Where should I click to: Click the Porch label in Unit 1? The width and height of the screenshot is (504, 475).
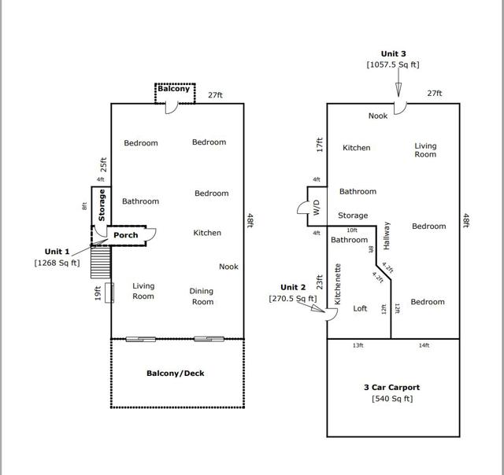point(126,235)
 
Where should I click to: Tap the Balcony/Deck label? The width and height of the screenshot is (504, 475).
point(176,373)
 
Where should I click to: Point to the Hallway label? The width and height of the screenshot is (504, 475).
point(387,234)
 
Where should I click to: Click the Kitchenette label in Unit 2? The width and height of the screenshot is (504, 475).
point(338,284)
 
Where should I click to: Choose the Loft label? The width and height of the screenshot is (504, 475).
point(360,308)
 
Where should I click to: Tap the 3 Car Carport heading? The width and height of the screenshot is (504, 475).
point(391,387)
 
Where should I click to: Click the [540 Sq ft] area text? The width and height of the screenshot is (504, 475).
point(391,399)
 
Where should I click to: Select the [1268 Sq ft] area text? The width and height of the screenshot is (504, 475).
point(57,263)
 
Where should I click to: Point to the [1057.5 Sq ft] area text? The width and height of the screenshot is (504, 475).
point(393,65)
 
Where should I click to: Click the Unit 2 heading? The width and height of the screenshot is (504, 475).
point(293,287)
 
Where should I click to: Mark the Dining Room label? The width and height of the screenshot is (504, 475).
point(202,296)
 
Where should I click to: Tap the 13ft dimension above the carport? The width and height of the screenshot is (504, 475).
point(358,345)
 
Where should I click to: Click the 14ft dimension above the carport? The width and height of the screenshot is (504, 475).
point(424,345)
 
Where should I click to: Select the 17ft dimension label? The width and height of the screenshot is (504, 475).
point(321,145)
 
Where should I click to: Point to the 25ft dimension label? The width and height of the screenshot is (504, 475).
point(102,164)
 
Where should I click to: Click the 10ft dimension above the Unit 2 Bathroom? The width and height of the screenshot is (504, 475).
point(352,230)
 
